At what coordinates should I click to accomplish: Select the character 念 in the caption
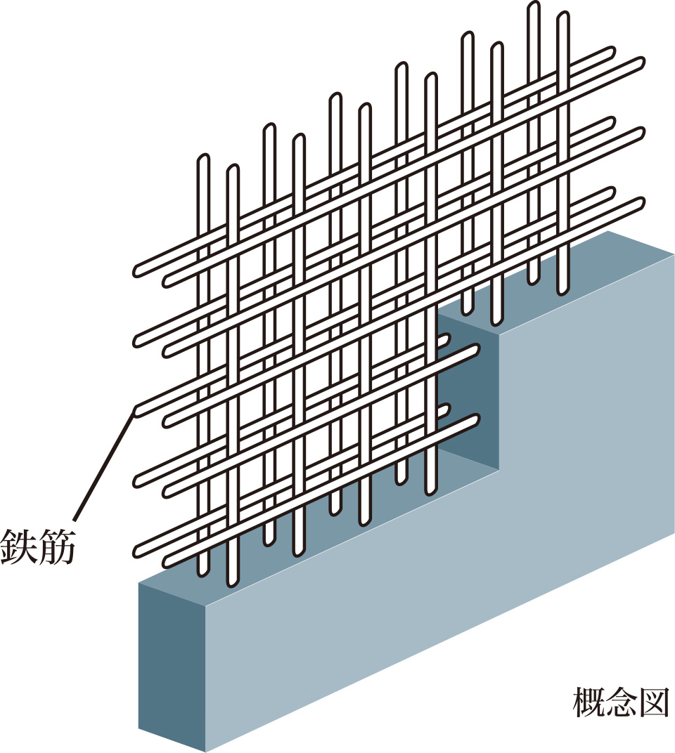[622, 702]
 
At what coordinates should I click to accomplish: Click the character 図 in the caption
[653, 702]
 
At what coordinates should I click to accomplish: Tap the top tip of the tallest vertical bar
[534, 7]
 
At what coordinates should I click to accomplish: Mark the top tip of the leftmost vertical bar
[203, 159]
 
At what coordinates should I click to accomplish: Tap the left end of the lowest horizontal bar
[169, 561]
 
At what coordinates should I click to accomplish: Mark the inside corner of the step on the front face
[500, 471]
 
